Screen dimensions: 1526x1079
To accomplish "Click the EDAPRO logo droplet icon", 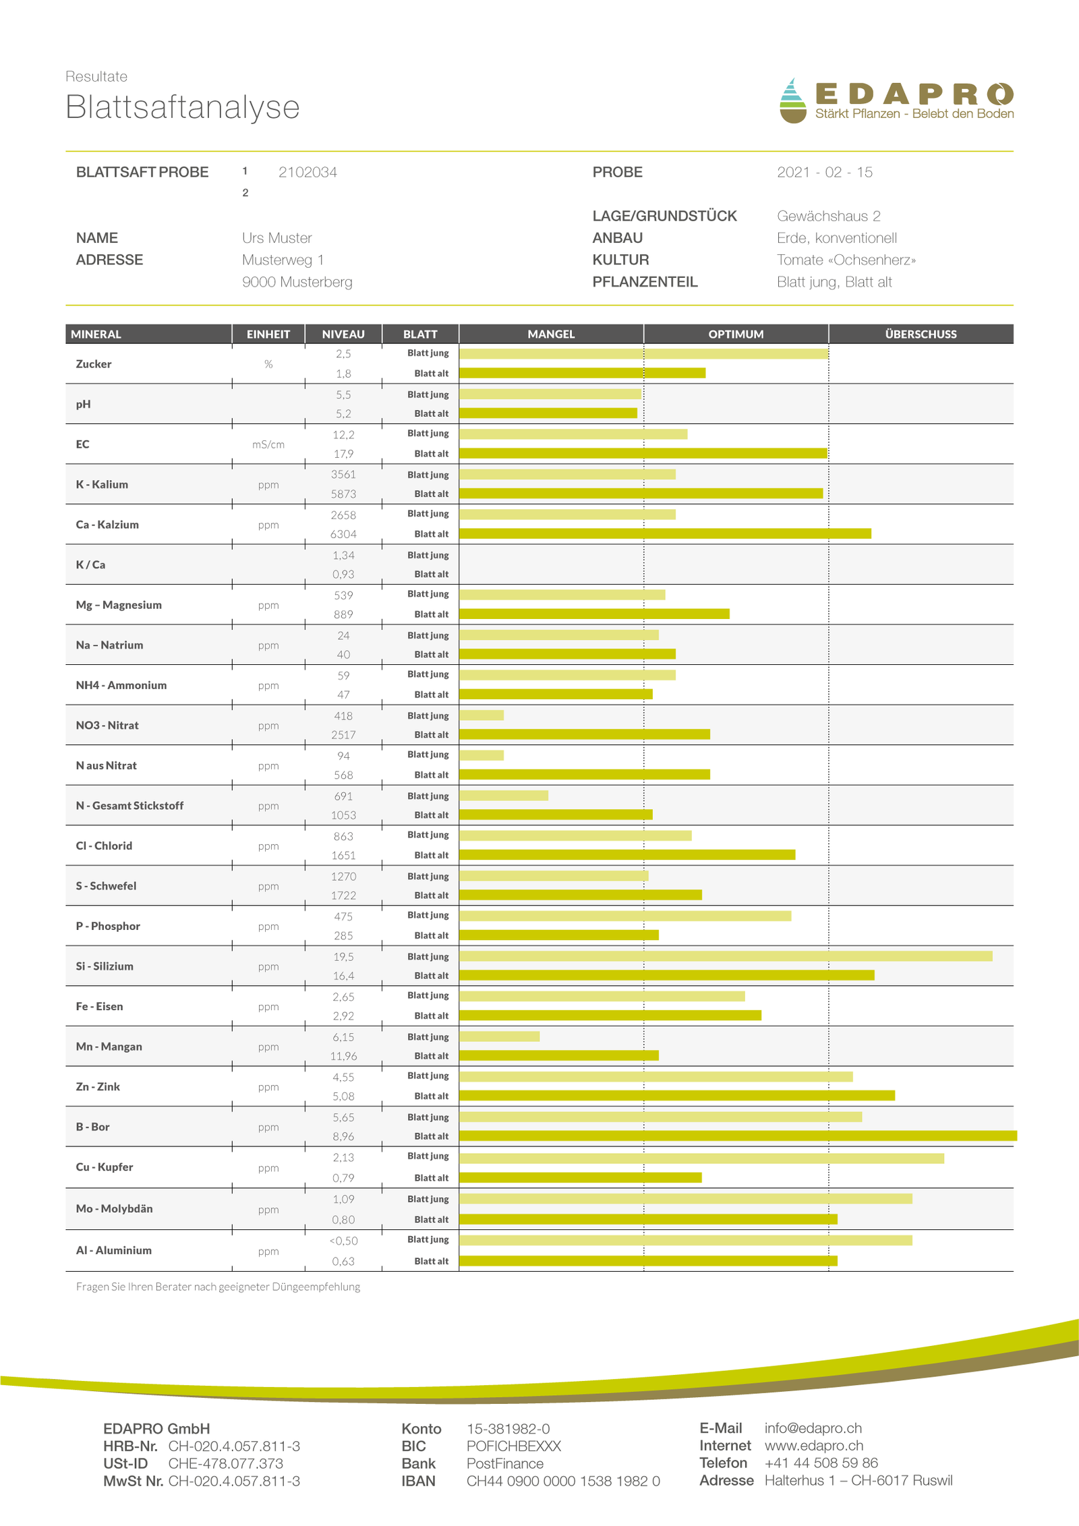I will coord(792,101).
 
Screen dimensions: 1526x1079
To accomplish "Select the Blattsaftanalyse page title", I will coord(182,107).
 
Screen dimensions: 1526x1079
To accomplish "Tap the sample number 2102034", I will coord(308,172).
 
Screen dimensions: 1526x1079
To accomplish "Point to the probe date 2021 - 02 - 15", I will coord(824,172).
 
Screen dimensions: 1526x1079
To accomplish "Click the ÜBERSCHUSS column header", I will coord(921,334).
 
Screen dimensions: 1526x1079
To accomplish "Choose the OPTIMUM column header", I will coord(736,334).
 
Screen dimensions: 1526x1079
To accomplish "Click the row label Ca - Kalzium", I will coord(107,525).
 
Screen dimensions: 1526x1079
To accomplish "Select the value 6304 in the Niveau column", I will coord(343,534).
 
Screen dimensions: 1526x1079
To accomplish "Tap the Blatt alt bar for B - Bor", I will coord(738,1136).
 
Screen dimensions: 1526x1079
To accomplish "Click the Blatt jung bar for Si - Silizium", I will coord(726,956).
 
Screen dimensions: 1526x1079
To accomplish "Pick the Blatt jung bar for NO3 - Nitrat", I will coord(482,715).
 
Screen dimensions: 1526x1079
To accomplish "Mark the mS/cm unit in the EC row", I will coord(268,444).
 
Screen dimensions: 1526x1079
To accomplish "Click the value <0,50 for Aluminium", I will coord(343,1241).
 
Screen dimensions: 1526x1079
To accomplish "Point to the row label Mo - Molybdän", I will coord(114,1208).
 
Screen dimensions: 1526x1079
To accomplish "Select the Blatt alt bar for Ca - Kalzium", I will coord(665,534).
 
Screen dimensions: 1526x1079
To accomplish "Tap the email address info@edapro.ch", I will coord(813,1428).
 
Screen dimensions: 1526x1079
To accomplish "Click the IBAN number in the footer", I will coord(563,1481).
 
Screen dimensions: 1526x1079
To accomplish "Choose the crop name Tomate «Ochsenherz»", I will coord(846,260).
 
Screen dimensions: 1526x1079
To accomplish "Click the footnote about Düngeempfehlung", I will coord(218,1287).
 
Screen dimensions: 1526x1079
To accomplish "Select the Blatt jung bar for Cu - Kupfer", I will coord(701,1158).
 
